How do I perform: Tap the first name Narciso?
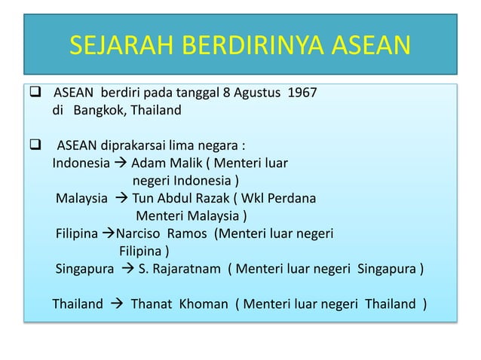coord(139,233)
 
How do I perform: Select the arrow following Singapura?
coord(127,269)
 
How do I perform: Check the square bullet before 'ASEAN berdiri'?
coord(35,93)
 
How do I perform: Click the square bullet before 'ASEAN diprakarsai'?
coord(35,145)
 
